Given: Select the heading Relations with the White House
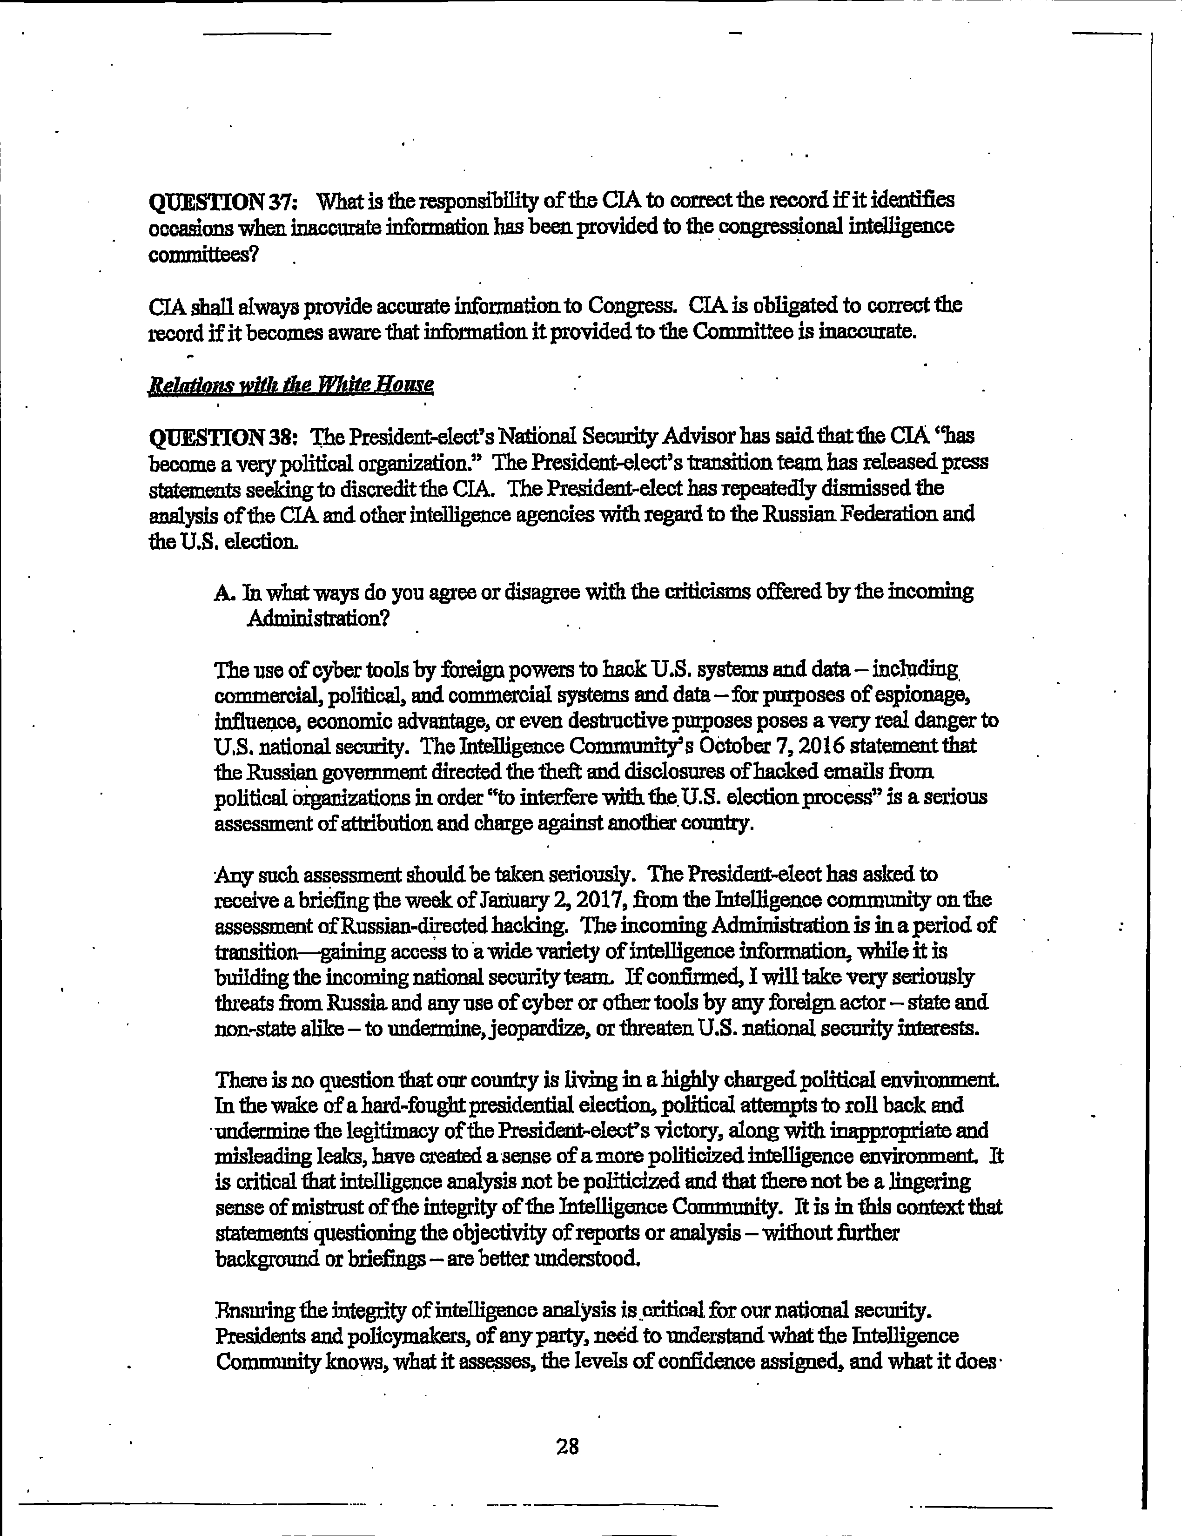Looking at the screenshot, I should [x=290, y=385].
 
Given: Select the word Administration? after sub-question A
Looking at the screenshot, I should [x=317, y=619].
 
